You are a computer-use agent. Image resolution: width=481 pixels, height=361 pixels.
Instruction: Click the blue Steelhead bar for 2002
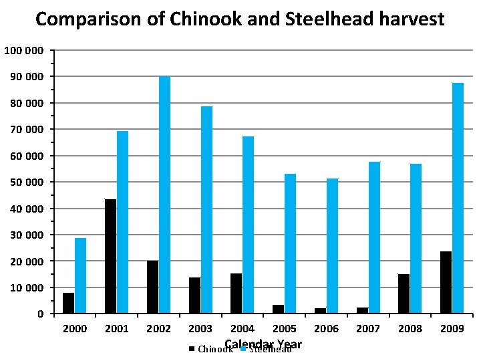click(x=164, y=195)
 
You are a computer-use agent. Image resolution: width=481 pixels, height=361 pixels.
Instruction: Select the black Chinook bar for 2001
click(x=110, y=256)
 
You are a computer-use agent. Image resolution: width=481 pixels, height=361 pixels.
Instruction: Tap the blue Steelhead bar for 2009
click(x=458, y=198)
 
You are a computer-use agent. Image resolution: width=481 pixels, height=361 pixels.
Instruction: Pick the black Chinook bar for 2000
click(x=68, y=303)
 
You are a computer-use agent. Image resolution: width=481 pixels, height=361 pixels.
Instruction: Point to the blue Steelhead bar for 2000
click(x=80, y=275)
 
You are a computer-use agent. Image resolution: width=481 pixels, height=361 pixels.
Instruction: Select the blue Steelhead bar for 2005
click(x=290, y=243)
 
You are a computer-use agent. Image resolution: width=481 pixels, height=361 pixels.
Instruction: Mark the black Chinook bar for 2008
click(x=404, y=293)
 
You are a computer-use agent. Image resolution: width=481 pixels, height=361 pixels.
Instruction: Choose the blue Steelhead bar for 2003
click(x=206, y=209)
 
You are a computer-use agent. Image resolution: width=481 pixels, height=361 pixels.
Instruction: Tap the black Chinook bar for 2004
click(x=236, y=293)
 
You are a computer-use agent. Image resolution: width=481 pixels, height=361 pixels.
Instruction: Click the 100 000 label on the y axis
click(x=24, y=51)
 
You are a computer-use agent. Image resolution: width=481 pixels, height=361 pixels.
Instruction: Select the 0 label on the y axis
click(x=41, y=314)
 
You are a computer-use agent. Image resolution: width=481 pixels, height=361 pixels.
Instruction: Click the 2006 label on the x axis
click(x=326, y=329)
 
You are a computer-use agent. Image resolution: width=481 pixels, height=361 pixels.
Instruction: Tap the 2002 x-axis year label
click(x=158, y=329)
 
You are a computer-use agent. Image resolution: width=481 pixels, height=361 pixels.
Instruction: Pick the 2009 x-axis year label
click(x=452, y=329)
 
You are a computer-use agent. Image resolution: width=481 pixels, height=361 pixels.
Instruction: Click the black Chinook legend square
click(x=192, y=349)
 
